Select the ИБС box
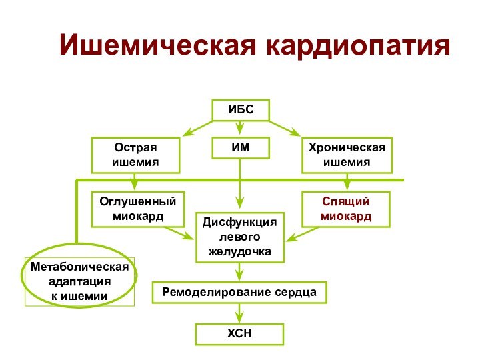click(240, 110)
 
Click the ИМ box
click(240, 148)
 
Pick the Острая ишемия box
click(135, 155)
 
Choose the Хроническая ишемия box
click(347, 155)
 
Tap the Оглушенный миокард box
click(137, 209)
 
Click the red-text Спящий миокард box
click(346, 209)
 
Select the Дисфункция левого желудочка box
click(240, 237)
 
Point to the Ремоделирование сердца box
click(240, 293)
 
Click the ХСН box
click(239, 334)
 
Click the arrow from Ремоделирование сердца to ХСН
click(239, 313)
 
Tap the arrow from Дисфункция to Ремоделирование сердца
click(239, 272)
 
